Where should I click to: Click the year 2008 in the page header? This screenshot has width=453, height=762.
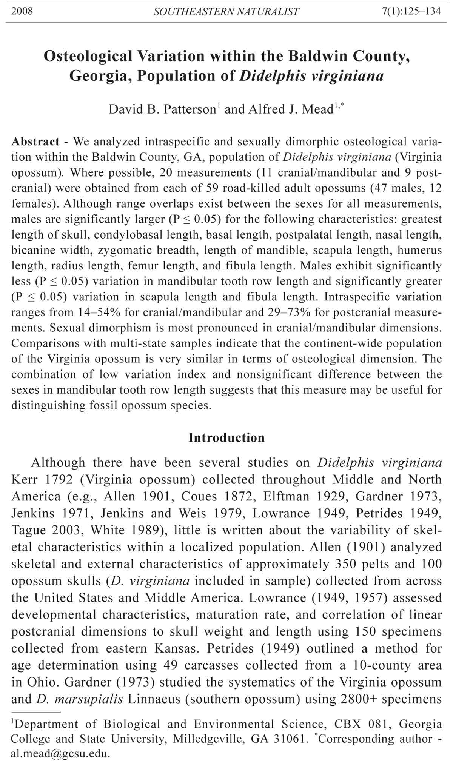pos(22,11)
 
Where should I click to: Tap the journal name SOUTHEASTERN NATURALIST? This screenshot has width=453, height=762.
pos(226,12)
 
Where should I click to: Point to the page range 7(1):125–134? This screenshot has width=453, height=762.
pos(411,11)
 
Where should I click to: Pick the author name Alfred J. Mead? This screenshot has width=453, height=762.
pos(290,109)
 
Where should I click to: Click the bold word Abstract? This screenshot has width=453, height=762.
pos(35,142)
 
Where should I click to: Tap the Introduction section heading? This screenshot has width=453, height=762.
pos(226,437)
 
